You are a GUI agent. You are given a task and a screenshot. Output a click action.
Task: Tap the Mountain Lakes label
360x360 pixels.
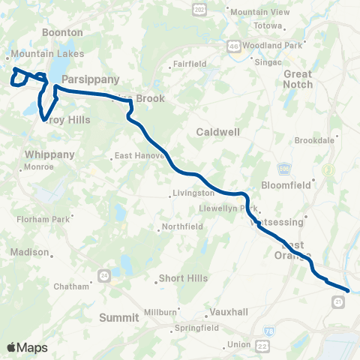pyautogui.click(x=40, y=55)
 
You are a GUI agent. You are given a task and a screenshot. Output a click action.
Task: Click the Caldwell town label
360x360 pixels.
pyautogui.click(x=217, y=132)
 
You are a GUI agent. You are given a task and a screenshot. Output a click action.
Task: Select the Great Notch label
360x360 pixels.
pyautogui.click(x=298, y=79)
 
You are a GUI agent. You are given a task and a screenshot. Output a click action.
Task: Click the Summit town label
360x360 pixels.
pyautogui.click(x=119, y=318)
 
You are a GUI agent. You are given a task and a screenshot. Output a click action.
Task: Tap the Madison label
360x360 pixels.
pyautogui.click(x=34, y=253)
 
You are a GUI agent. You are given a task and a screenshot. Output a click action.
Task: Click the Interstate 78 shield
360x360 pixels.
pyautogui.click(x=269, y=330)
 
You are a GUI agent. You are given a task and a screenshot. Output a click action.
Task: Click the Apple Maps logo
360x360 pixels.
pyautogui.click(x=27, y=347)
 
